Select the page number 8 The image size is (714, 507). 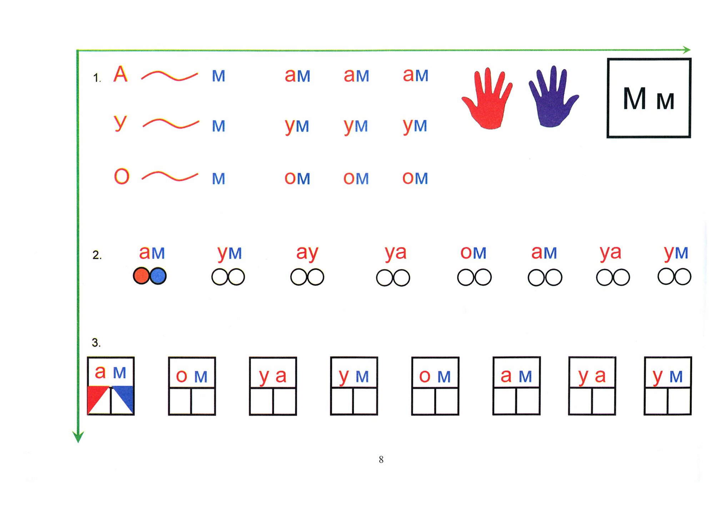point(381,459)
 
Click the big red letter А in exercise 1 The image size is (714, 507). point(120,74)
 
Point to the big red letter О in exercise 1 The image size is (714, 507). point(121,176)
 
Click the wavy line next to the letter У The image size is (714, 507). point(171,124)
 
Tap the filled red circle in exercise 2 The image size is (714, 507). point(141,276)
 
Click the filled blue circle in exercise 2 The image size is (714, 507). point(158,276)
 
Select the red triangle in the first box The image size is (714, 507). point(95,396)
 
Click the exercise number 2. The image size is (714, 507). point(97,255)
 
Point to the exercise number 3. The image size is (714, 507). point(96,343)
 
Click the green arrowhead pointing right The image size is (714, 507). point(687,50)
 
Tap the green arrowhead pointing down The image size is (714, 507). point(78,437)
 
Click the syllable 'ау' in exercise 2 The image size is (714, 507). point(307,253)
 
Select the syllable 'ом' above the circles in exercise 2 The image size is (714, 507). point(473,253)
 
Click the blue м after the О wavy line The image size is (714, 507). point(218,179)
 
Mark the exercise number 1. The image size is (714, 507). point(97,77)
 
